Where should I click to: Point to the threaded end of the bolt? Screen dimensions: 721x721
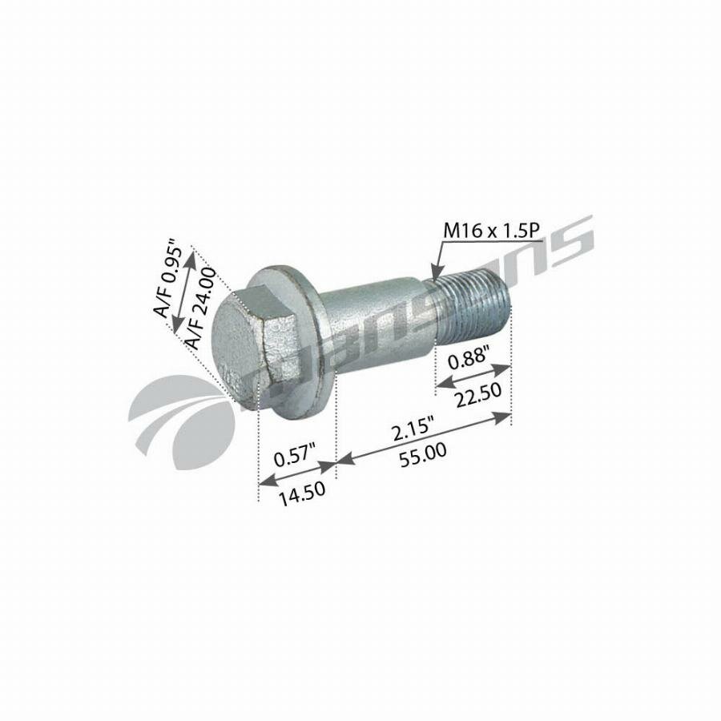(473, 309)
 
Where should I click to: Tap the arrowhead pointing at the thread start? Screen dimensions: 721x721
(436, 272)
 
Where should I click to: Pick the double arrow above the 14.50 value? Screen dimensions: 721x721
(296, 472)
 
